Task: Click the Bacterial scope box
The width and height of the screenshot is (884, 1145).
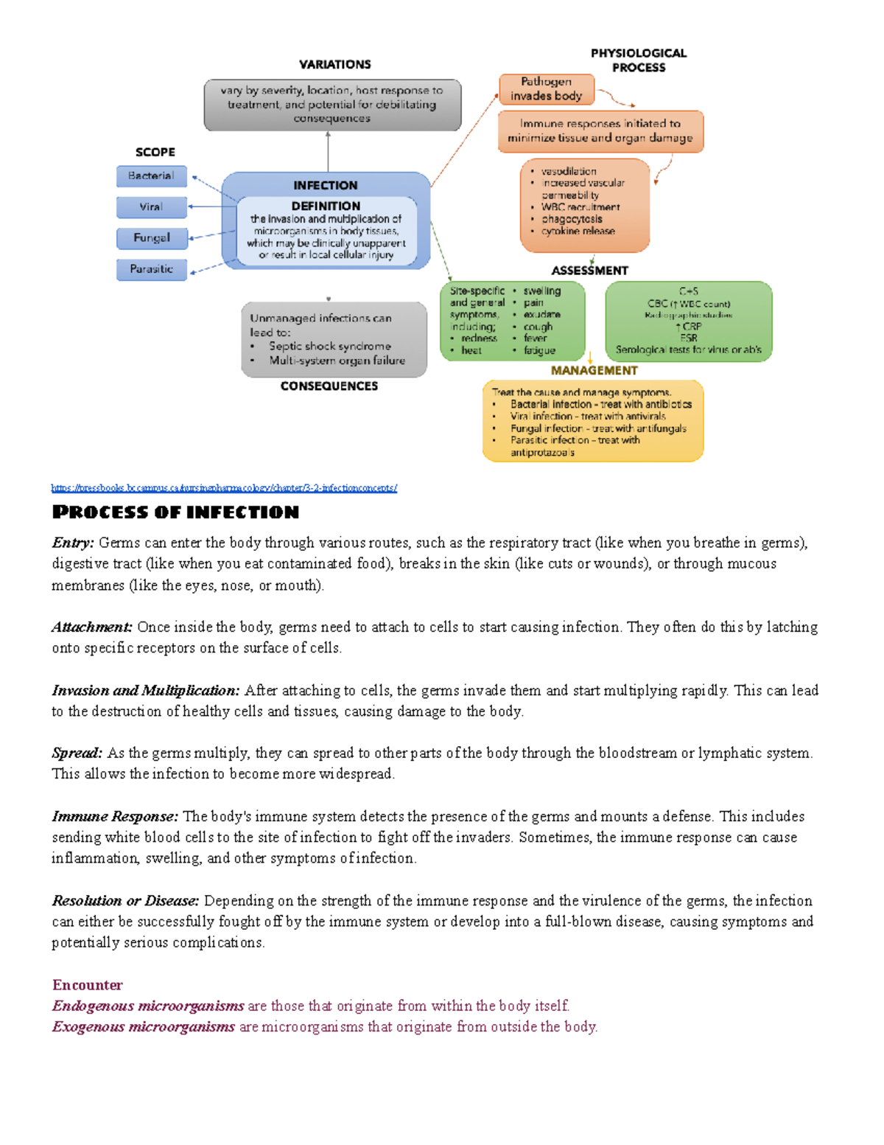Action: tap(151, 176)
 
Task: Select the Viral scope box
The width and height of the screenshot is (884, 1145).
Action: tap(151, 207)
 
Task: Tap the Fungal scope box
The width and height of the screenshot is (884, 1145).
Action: tap(151, 238)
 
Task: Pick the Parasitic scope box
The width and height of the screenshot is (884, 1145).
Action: tap(151, 269)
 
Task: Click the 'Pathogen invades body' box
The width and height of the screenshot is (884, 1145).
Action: tap(546, 88)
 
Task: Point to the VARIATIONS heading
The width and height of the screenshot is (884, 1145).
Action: tap(334, 65)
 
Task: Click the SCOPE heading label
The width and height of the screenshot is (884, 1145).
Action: tap(155, 152)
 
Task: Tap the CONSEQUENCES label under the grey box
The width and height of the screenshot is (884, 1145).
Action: tap(329, 386)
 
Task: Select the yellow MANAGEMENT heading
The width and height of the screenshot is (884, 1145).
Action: tap(594, 370)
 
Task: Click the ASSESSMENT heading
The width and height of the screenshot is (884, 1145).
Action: tap(589, 271)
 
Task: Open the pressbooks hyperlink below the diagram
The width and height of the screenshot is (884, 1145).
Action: tap(224, 488)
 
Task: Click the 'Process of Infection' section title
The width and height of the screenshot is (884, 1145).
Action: tap(175, 512)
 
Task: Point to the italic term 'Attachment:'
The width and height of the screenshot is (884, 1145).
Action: tap(92, 627)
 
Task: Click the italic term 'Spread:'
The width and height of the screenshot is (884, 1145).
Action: tap(77, 754)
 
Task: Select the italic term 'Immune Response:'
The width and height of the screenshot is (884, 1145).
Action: tap(115, 817)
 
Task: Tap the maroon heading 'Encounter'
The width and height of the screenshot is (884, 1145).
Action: tap(87, 985)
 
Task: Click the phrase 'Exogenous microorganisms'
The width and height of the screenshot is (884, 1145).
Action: tap(144, 1027)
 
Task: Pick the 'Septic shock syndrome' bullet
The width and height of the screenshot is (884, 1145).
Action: tap(329, 346)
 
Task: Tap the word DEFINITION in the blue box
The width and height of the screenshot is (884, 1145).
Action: tap(326, 206)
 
